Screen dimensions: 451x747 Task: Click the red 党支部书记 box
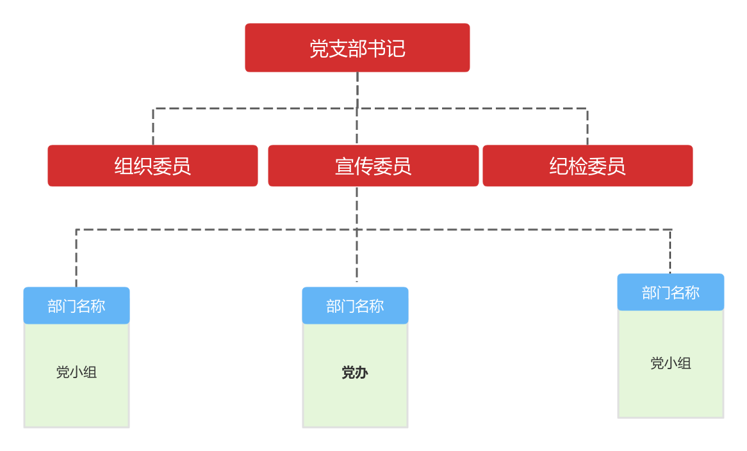click(357, 48)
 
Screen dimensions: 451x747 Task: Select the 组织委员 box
click(152, 166)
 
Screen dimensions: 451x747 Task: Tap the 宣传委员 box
click(373, 166)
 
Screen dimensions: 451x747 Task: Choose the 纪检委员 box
click(587, 166)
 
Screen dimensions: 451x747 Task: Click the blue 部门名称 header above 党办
click(355, 306)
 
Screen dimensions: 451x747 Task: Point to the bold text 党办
click(355, 372)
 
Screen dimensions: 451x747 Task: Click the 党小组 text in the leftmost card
click(76, 372)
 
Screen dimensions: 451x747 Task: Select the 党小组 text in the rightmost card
click(671, 363)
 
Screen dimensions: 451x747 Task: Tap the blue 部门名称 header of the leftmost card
click(76, 306)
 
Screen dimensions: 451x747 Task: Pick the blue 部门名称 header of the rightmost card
click(671, 292)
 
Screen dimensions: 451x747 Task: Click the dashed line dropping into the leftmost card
click(76, 259)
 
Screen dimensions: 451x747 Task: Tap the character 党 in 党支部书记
click(319, 49)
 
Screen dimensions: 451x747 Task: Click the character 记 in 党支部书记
click(396, 49)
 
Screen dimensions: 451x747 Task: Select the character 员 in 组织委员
click(181, 166)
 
